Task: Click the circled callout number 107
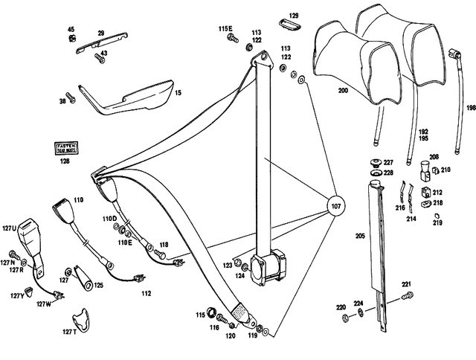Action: (x=335, y=206)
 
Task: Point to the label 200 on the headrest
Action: (x=343, y=90)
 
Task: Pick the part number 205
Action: (x=360, y=236)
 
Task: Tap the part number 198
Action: (x=470, y=107)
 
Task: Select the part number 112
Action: (x=147, y=293)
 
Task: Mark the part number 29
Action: (x=100, y=33)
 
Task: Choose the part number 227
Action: (x=387, y=162)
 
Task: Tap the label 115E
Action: (x=225, y=28)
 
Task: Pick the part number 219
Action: (x=437, y=222)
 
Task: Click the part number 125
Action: (x=98, y=285)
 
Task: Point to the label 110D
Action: (x=110, y=219)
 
